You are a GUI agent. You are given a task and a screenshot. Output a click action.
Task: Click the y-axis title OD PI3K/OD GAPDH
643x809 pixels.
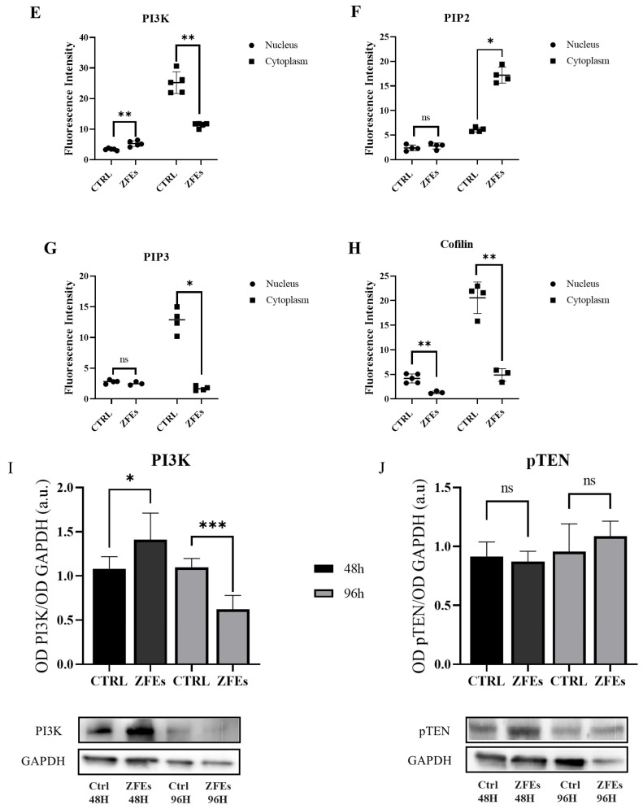tap(43, 576)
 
